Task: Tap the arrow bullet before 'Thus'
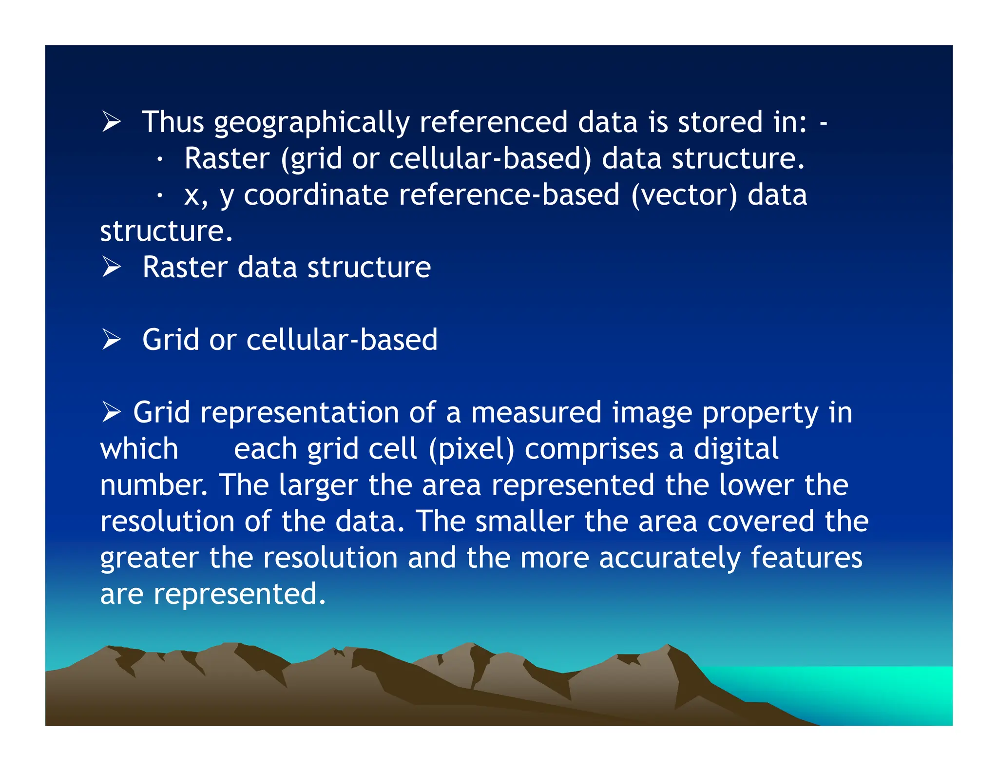(112, 121)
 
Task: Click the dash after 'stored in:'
(823, 123)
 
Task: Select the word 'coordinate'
(316, 195)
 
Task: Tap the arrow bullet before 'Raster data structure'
(112, 267)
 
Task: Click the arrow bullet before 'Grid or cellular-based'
(112, 339)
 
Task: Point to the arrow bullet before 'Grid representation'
(112, 412)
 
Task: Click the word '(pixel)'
(471, 449)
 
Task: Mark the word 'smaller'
(524, 521)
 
